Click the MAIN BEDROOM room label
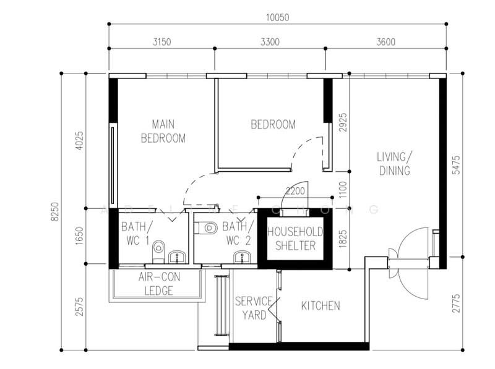[163, 130]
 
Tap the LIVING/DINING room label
[394, 163]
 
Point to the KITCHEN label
[320, 306]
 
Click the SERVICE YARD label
[254, 308]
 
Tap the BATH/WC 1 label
[135, 232]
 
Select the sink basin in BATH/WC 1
[178, 255]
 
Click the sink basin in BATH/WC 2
[240, 256]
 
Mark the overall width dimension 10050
[277, 17]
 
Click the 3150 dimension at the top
[162, 42]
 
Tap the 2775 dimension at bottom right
[456, 305]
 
